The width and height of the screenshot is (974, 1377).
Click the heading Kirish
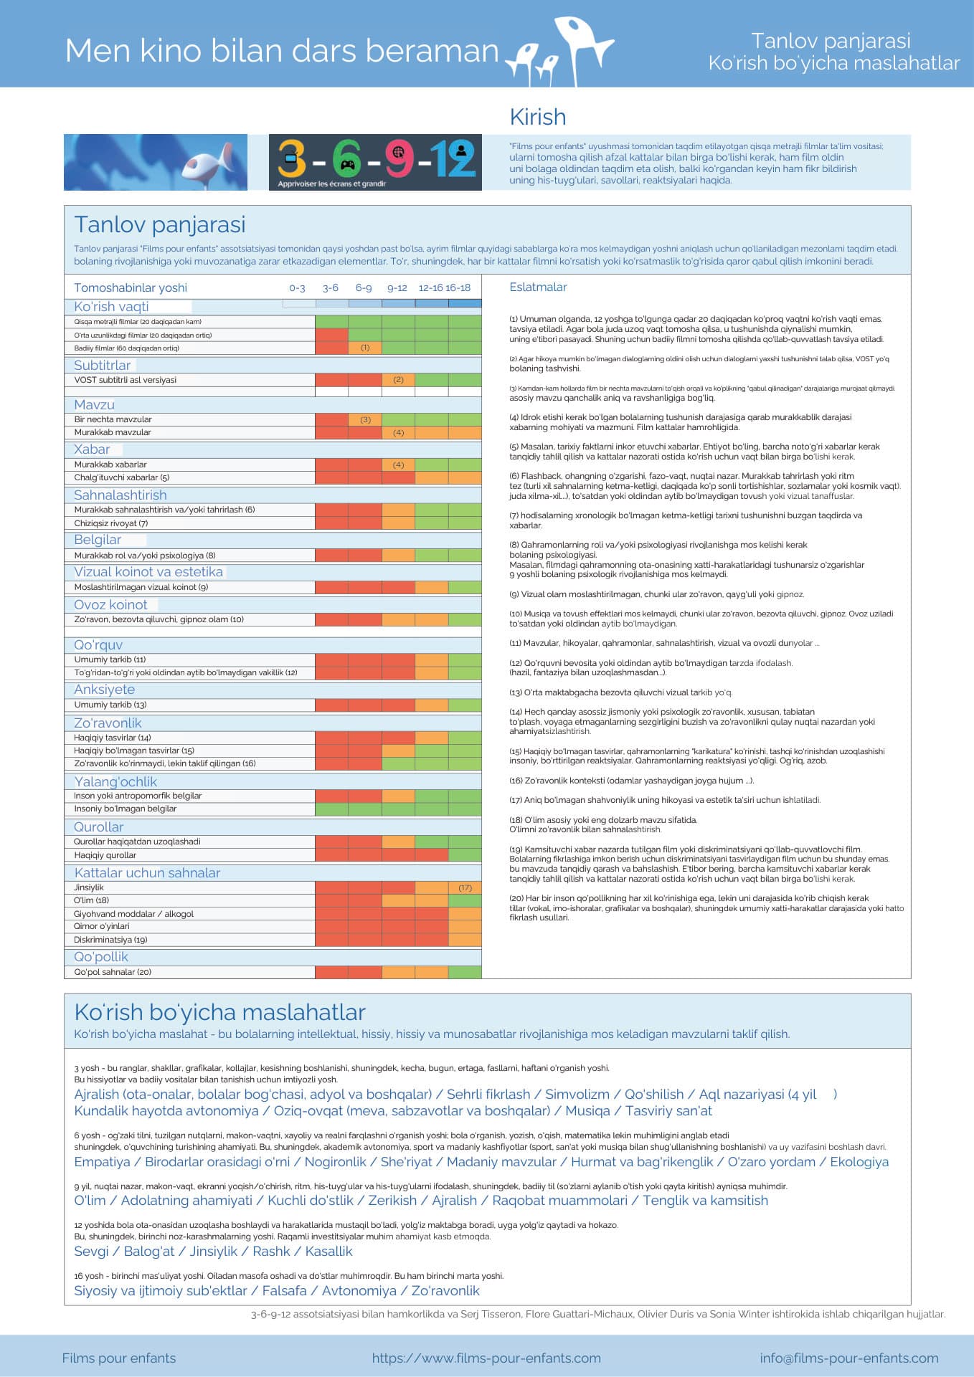[537, 117]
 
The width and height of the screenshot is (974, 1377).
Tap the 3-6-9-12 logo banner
[375, 163]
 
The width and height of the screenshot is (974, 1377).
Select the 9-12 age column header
[397, 288]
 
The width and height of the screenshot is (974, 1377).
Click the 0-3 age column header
[297, 288]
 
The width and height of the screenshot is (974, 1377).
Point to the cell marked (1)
[365, 348]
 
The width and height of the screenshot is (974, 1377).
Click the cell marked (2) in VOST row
[398, 380]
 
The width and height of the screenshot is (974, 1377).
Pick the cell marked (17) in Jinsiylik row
[465, 887]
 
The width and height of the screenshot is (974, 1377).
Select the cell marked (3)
[365, 419]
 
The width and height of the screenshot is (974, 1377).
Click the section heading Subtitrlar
[103, 365]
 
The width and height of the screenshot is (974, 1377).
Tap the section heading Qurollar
[99, 826]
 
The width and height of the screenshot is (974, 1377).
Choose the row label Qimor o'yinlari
[102, 926]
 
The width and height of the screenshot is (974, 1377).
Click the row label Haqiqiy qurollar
[105, 855]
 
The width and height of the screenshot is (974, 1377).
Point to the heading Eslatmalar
[538, 287]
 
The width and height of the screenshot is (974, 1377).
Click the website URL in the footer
[486, 1358]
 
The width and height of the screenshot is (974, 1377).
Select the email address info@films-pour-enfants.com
[849, 1358]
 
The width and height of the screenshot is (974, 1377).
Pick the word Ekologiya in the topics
[859, 1161]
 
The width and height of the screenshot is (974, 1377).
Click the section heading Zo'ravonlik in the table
[108, 723]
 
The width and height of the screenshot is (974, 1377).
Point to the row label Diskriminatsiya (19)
[110, 940]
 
